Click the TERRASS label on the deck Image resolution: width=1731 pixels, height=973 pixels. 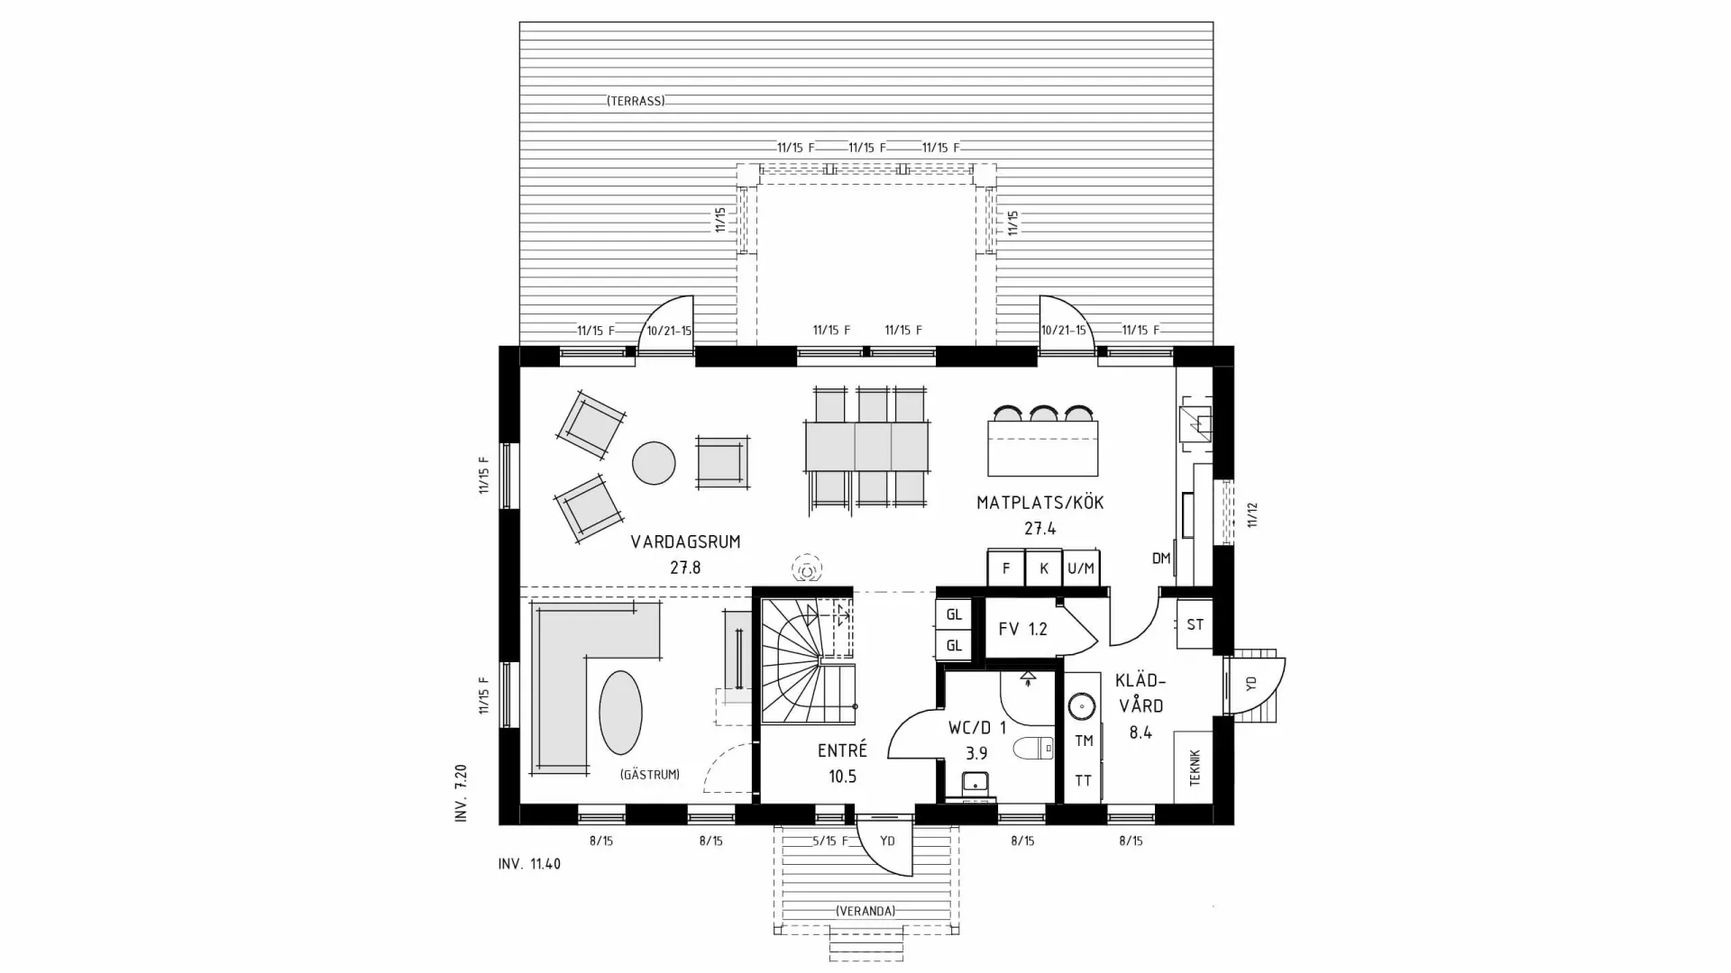click(x=636, y=101)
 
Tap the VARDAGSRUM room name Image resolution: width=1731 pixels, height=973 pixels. click(x=685, y=541)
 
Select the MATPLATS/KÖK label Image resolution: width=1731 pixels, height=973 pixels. click(x=1040, y=503)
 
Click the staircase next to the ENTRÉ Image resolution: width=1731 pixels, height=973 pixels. click(x=807, y=662)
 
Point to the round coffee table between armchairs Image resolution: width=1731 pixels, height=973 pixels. click(x=654, y=463)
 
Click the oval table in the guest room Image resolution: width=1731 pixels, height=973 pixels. click(x=620, y=712)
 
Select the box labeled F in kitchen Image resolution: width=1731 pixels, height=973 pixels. click(x=1005, y=568)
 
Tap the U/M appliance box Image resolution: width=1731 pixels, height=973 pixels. click(x=1080, y=568)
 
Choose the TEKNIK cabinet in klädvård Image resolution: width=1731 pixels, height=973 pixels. click(x=1194, y=768)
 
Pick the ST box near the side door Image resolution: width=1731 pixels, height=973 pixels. click(x=1195, y=624)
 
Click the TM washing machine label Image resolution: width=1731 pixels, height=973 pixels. click(x=1084, y=741)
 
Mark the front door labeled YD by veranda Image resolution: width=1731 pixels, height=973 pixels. click(x=887, y=841)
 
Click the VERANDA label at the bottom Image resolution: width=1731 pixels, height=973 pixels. click(x=865, y=911)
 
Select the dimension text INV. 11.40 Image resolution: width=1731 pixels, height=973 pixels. click(x=529, y=864)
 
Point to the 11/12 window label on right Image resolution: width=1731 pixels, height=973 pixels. click(x=1251, y=514)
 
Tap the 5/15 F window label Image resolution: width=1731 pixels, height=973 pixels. click(x=830, y=841)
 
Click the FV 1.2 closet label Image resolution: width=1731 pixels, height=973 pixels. click(x=1022, y=629)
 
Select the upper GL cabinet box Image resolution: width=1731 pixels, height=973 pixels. click(x=954, y=615)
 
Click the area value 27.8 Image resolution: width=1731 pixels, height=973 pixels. click(x=685, y=568)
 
